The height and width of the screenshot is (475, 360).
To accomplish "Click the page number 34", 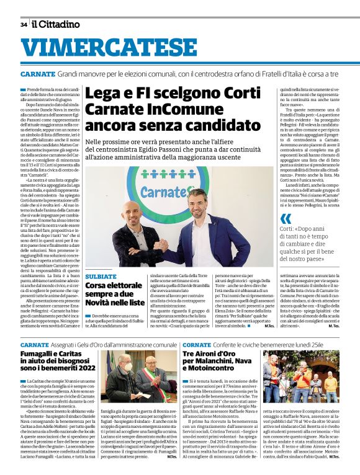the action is [24, 24].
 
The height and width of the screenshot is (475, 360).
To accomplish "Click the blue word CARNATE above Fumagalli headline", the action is [34, 344].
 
